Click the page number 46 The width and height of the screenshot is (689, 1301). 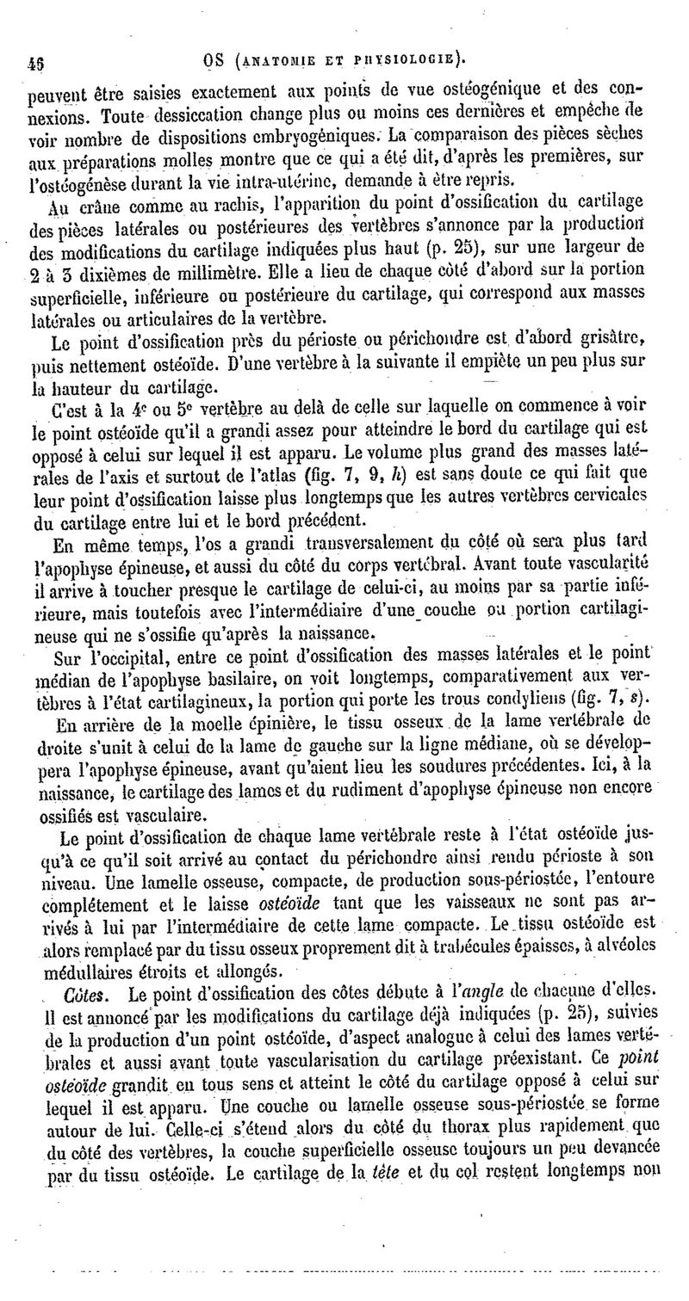pyautogui.click(x=37, y=63)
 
